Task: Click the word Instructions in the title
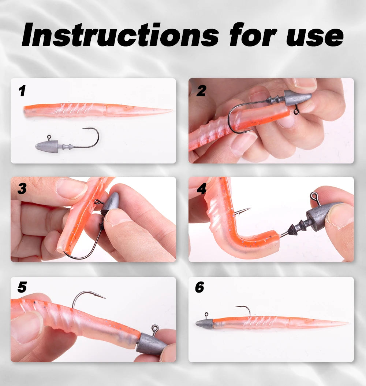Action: (x=120, y=34)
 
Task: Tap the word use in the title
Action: (x=315, y=37)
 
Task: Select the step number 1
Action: (x=22, y=91)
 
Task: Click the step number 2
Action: (x=201, y=91)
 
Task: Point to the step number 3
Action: (x=22, y=189)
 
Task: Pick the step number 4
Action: (x=202, y=189)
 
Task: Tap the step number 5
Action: (x=22, y=287)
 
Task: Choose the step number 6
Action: (x=199, y=287)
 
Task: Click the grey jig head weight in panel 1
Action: (x=47, y=146)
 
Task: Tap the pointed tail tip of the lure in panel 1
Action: (x=172, y=110)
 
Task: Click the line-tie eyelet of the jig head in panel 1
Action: (x=49, y=137)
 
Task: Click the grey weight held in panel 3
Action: (x=110, y=203)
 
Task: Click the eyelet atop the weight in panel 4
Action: (x=314, y=196)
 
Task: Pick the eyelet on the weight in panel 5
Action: (x=155, y=328)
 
